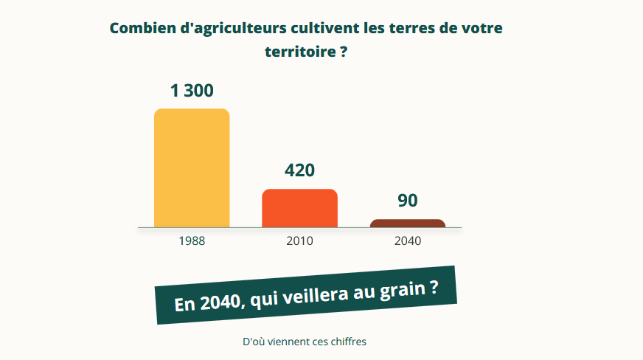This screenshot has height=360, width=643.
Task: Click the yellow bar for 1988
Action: [192, 168]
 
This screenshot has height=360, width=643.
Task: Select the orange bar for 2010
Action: [299, 208]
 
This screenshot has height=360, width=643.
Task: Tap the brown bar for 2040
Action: [408, 224]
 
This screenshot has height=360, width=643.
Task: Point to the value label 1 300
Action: [192, 91]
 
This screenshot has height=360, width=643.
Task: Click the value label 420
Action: [299, 170]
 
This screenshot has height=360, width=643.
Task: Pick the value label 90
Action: [408, 201]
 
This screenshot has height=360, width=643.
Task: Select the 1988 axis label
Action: [192, 241]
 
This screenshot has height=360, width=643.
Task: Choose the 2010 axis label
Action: [299, 241]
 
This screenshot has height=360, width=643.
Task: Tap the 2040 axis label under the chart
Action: [408, 241]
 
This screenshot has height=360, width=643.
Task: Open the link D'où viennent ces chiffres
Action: [305, 342]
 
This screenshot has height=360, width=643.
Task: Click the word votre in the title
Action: [482, 28]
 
